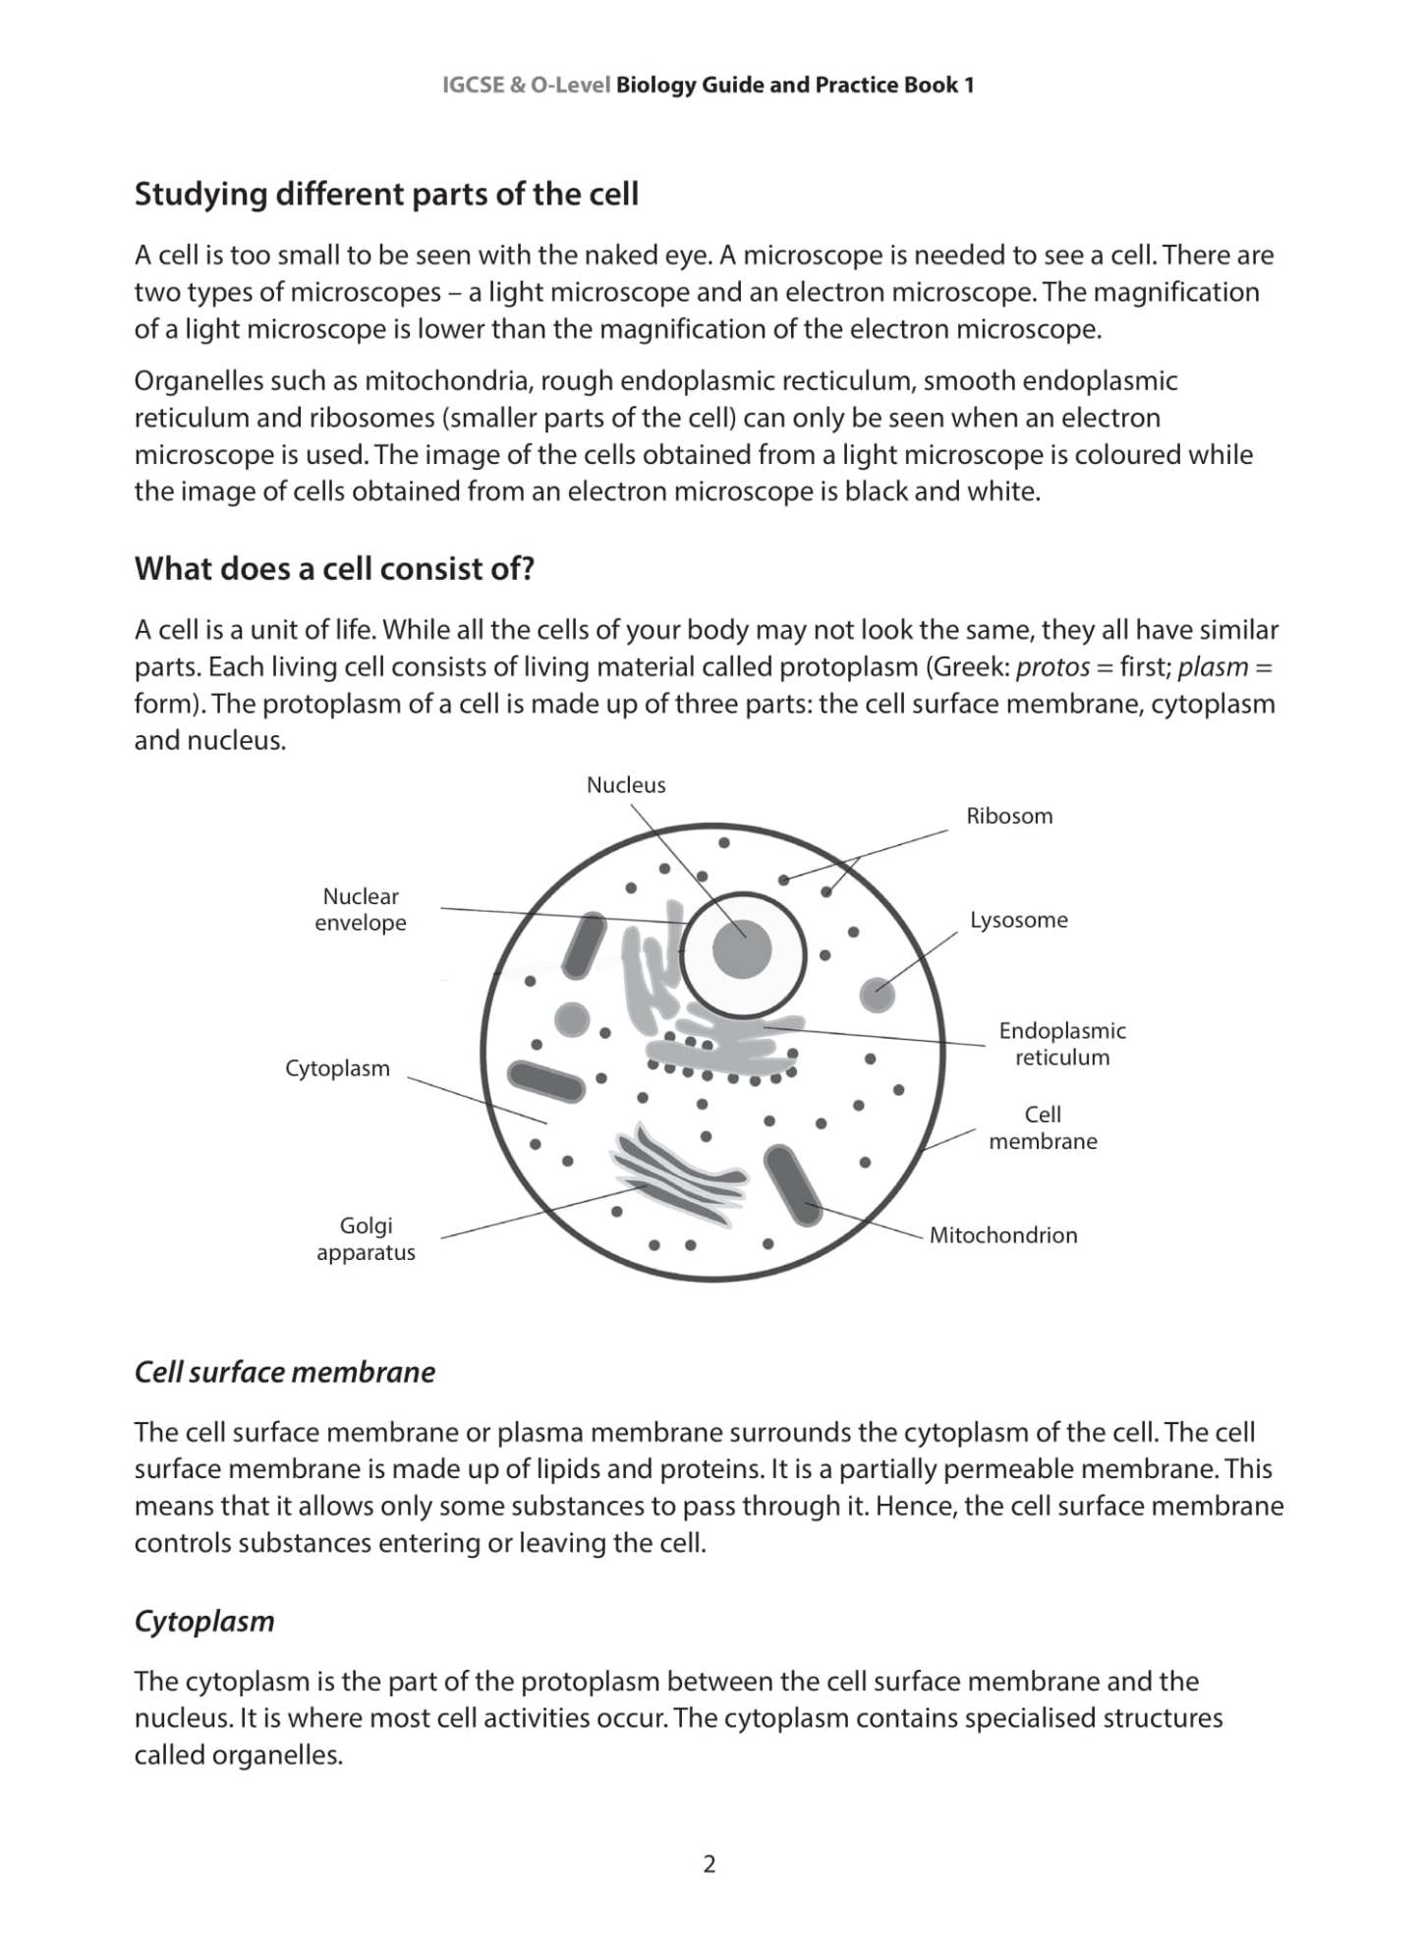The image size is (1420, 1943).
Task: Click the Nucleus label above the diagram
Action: [626, 784]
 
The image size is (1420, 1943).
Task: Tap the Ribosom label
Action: [1008, 816]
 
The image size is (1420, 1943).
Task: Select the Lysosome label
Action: [1018, 920]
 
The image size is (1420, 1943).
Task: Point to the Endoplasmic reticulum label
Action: [1061, 1044]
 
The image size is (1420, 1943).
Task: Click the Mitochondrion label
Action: [1002, 1235]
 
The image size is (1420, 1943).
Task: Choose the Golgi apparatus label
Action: [366, 1238]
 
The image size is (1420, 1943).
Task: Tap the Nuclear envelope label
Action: [361, 909]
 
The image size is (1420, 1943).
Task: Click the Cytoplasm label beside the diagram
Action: [337, 1068]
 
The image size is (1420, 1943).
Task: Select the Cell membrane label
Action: [1043, 1127]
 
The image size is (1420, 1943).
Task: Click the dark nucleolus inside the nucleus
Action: [743, 950]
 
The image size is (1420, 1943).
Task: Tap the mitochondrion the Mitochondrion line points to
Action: [793, 1185]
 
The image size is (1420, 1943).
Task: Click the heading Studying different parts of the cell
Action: [386, 195]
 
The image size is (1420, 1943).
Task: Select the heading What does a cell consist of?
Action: [334, 568]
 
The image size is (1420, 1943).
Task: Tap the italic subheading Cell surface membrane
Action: [284, 1372]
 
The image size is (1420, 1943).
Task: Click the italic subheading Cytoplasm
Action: [204, 1621]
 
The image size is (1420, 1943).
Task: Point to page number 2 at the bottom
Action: [710, 1863]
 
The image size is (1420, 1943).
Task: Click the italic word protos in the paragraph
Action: [1052, 667]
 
